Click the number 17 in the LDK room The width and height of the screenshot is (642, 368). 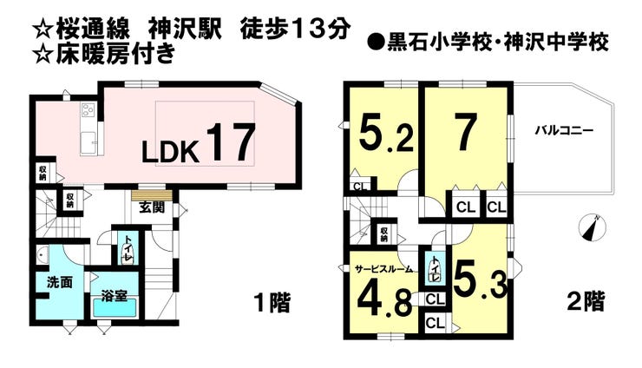[x=232, y=142]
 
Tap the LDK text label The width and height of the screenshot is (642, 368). [x=170, y=151]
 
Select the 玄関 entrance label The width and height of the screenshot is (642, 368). [x=152, y=207]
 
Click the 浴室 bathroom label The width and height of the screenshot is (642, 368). [x=115, y=296]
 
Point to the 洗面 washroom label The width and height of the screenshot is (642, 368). [x=60, y=282]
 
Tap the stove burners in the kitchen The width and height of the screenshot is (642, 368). [x=88, y=109]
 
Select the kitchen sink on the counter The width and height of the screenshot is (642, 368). [x=88, y=142]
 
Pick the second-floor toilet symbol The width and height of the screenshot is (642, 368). [x=434, y=269]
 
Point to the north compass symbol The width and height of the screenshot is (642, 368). [x=592, y=228]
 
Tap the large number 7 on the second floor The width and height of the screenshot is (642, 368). [x=467, y=133]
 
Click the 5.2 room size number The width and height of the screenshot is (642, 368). [x=386, y=133]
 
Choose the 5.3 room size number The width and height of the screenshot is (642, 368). [x=481, y=281]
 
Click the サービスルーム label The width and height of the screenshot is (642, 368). [x=383, y=269]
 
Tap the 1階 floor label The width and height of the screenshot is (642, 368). [x=272, y=304]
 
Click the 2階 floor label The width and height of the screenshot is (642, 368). [x=586, y=302]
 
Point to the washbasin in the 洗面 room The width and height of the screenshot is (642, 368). [x=43, y=256]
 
